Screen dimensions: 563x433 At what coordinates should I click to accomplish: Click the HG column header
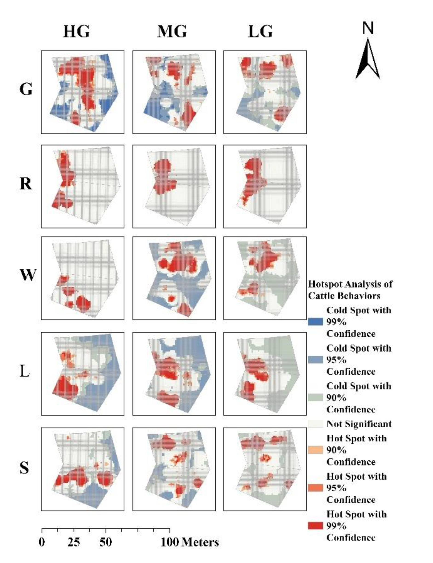coord(76,32)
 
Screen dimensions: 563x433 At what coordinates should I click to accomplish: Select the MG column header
coord(172,32)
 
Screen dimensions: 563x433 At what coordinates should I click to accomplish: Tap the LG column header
coord(260,32)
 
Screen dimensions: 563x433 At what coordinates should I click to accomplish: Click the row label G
coord(26,89)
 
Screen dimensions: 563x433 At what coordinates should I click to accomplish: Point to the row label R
coord(26,184)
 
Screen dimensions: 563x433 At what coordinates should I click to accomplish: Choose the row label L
coord(25,372)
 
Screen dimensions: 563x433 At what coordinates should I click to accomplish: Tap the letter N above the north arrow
coord(368,28)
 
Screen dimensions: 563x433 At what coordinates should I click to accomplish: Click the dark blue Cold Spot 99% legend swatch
coord(315,322)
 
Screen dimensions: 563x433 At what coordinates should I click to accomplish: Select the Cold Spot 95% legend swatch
coord(315,360)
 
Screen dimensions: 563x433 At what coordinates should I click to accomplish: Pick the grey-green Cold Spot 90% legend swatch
coord(315,398)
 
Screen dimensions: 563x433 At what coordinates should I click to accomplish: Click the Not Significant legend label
coord(359,424)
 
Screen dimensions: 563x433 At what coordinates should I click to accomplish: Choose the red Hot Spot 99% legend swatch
coord(315,526)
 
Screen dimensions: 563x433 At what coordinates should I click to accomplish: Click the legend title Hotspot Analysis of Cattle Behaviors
coord(350,290)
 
